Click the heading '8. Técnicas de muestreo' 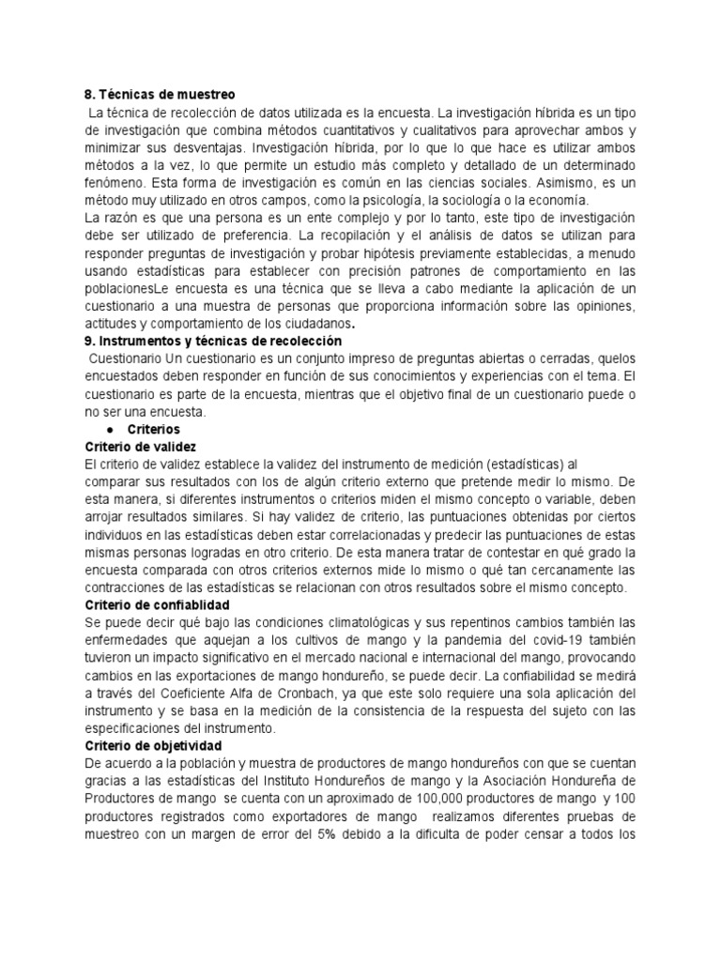click(x=159, y=95)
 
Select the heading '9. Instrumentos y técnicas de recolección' click(x=213, y=341)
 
